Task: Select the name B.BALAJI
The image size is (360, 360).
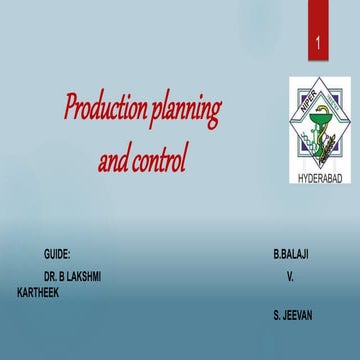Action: pyautogui.click(x=290, y=256)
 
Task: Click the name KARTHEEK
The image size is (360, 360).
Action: pyautogui.click(x=40, y=295)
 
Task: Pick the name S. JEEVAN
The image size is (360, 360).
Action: pyautogui.click(x=292, y=315)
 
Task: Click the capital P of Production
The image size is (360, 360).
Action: pyautogui.click(x=72, y=103)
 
